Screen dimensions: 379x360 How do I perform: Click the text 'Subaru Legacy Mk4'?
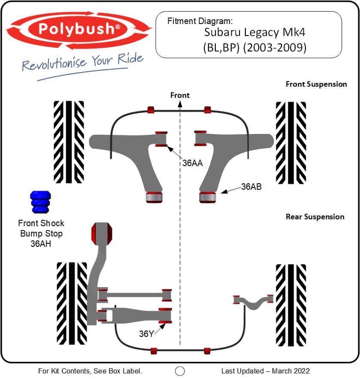(255, 33)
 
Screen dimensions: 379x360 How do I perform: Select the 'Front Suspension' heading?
(316, 84)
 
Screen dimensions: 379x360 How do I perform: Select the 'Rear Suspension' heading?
(315, 217)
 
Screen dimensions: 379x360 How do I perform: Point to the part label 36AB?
(251, 187)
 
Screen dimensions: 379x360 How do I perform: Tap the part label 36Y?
(146, 334)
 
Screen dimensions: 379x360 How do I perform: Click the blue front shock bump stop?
(41, 202)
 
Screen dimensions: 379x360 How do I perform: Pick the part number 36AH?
(41, 244)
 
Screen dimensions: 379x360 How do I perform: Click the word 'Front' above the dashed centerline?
(180, 95)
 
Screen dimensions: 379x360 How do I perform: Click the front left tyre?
(69, 142)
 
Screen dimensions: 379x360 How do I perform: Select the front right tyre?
(291, 142)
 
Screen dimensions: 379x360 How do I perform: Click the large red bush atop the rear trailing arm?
(102, 233)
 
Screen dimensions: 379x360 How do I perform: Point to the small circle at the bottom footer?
(180, 371)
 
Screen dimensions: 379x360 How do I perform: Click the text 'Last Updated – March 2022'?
(265, 371)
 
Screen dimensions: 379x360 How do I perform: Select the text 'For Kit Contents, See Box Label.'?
(90, 371)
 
